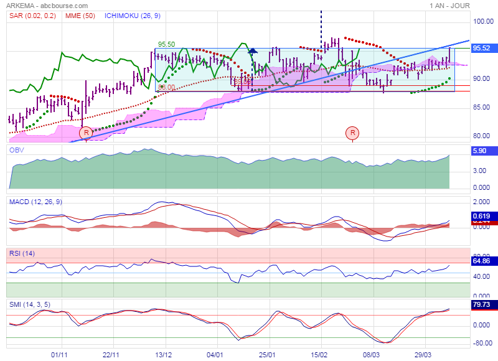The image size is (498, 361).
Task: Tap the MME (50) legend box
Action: click(81, 15)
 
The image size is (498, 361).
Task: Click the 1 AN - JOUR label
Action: click(449, 5)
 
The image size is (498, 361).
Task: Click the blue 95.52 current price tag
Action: click(482, 48)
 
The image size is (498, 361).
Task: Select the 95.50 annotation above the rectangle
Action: click(166, 44)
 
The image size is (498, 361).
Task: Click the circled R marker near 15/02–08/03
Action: click(353, 133)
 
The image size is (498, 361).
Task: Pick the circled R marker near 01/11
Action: click(86, 133)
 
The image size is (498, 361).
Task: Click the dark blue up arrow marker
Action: click(253, 50)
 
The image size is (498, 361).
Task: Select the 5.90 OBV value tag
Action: click(480, 151)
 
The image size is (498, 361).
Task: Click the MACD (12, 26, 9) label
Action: click(35, 202)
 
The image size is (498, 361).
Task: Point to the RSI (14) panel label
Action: click(22, 253)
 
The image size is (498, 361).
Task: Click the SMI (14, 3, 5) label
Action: click(31, 304)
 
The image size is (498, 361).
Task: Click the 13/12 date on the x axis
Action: click(164, 354)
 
